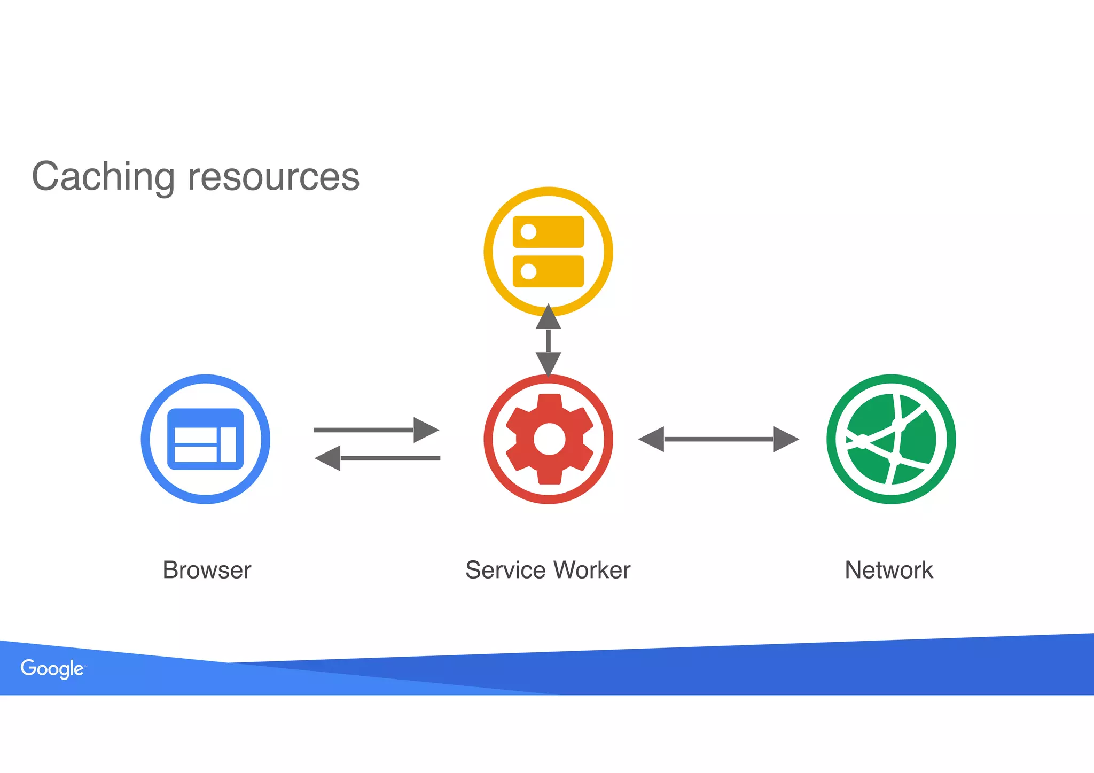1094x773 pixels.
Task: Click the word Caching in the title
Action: (x=103, y=177)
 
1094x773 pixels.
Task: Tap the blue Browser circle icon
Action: (x=206, y=439)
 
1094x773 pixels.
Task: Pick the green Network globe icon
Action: (x=891, y=439)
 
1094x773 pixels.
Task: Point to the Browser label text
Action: (x=207, y=570)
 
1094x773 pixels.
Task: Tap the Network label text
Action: (x=889, y=570)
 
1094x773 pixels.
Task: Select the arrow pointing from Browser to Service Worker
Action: (x=376, y=430)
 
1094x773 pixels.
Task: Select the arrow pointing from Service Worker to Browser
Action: (x=377, y=458)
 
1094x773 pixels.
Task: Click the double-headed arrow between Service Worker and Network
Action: (x=718, y=439)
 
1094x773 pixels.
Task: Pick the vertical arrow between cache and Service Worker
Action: (x=549, y=340)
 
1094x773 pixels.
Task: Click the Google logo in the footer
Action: (x=52, y=668)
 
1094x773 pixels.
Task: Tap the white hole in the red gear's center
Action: (x=549, y=439)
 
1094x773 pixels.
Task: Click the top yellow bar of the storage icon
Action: (x=556, y=232)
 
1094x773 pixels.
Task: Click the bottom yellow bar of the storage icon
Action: (x=556, y=271)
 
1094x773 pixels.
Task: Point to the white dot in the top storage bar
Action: (x=528, y=232)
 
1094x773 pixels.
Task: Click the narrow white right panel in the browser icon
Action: (x=229, y=444)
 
